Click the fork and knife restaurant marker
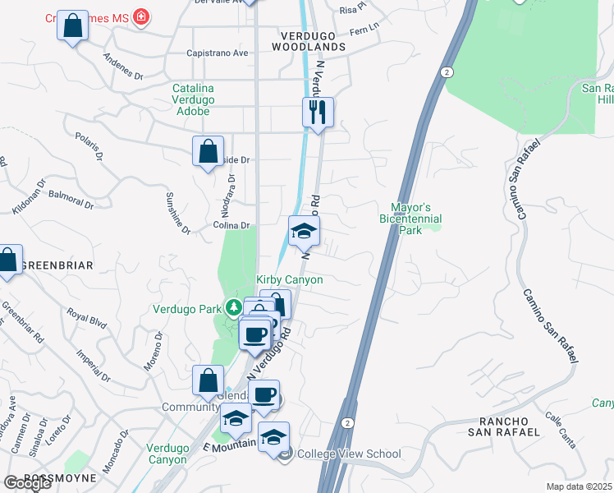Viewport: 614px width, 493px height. pos(318,111)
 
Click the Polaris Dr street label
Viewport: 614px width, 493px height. pos(92,144)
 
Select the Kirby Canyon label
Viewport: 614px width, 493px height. pos(290,280)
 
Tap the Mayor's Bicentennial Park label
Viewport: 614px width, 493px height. pos(410,219)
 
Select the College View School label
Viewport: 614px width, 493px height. pos(349,454)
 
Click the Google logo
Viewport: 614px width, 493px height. pos(27,483)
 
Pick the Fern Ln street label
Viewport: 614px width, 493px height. pos(364,28)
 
